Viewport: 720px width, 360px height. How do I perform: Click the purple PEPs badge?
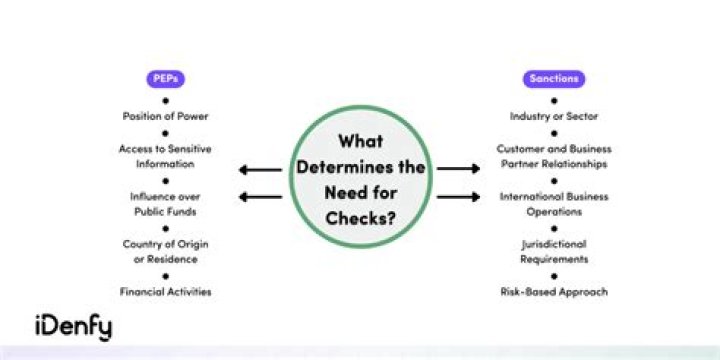click(x=165, y=79)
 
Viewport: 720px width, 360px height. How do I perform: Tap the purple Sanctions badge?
click(x=554, y=79)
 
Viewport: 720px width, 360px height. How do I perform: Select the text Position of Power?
click(x=165, y=116)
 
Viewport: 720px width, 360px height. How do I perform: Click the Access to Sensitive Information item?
click(x=165, y=156)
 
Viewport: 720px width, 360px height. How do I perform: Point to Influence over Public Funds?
click(x=165, y=204)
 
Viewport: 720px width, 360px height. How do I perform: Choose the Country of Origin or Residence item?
click(x=165, y=251)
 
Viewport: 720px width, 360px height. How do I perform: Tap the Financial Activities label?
click(x=165, y=292)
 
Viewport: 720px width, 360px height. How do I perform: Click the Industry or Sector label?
click(x=554, y=116)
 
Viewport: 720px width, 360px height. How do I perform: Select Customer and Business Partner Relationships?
click(x=554, y=156)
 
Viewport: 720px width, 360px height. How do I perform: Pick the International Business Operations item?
click(x=554, y=204)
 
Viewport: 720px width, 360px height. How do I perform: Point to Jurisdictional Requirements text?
click(x=554, y=251)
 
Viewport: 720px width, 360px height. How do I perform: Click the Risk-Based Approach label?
click(x=554, y=292)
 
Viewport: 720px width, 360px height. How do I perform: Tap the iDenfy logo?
click(x=73, y=327)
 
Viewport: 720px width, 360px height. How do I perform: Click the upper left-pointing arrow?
click(x=260, y=170)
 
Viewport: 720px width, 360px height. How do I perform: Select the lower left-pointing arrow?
click(x=260, y=197)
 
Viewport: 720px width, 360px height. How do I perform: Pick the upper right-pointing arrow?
click(x=458, y=169)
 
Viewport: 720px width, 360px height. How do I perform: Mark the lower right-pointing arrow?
click(x=458, y=197)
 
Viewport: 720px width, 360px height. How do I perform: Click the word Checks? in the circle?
click(x=360, y=218)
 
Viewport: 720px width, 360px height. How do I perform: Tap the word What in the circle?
click(x=360, y=141)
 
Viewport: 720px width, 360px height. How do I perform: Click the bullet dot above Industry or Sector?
click(x=554, y=101)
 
